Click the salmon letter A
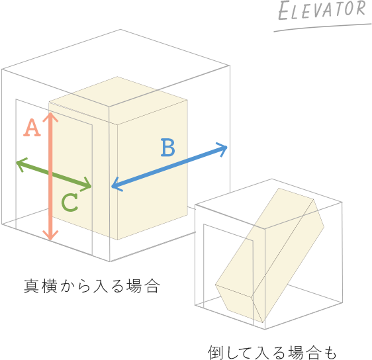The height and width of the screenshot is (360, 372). coord(32,128)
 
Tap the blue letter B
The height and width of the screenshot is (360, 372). coord(168,148)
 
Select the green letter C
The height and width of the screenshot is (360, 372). coord(70,202)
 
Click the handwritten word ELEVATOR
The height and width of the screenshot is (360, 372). coord(322,10)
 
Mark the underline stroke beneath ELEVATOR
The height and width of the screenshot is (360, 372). coord(322,27)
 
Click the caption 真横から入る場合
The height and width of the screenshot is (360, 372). coord(91,287)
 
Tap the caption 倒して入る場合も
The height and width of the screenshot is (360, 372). coord(272,353)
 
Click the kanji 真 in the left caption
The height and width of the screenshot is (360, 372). coord(31,287)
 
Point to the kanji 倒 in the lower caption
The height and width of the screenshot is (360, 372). coord(215,353)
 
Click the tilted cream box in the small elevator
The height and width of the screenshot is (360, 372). coord(270,255)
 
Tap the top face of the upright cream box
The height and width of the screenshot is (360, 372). coord(118,101)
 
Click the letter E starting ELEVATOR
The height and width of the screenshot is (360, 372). coord(283,12)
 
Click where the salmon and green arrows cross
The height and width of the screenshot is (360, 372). coord(50,174)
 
